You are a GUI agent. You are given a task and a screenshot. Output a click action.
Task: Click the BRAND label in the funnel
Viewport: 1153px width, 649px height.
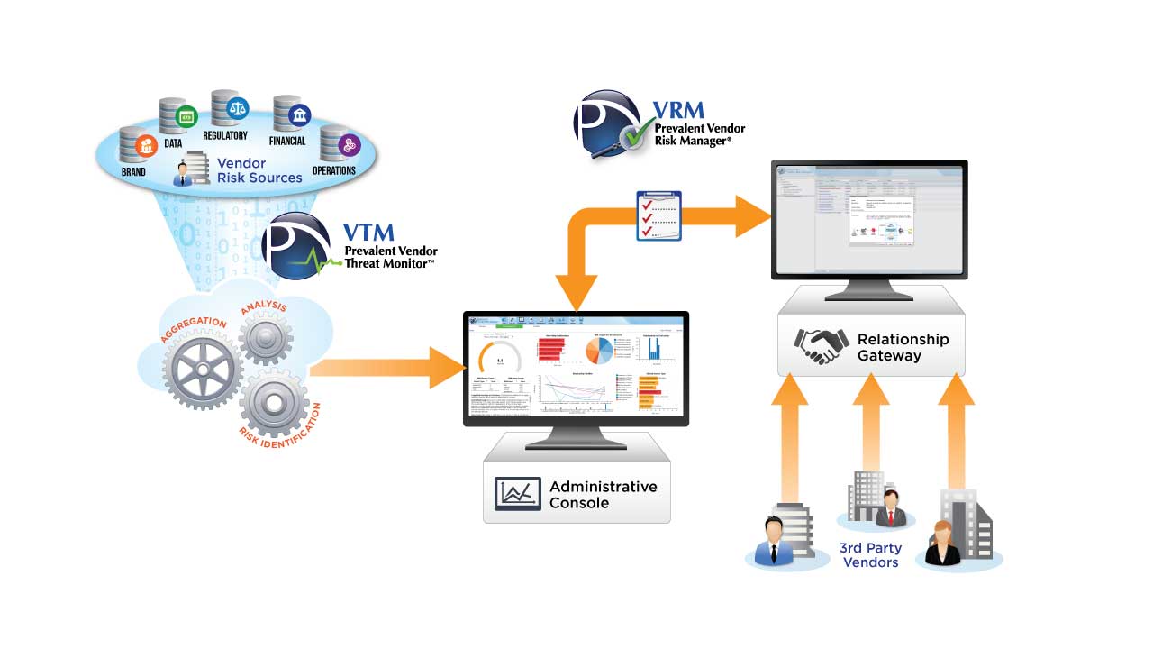pos(132,171)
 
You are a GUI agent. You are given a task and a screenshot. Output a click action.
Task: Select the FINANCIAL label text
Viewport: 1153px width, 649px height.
pos(286,141)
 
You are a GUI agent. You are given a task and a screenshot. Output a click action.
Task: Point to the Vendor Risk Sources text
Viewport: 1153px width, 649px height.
pos(259,170)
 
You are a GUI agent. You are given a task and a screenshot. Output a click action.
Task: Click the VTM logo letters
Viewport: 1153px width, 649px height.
pos(369,233)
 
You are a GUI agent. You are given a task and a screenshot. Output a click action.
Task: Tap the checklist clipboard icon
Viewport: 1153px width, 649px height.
pos(658,215)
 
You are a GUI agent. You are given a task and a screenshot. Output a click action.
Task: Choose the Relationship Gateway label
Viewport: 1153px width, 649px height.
pos(902,347)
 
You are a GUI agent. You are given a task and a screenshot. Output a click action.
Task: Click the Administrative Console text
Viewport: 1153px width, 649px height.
pos(603,494)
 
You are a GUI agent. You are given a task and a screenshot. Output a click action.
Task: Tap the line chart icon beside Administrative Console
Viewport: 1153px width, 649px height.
pos(517,494)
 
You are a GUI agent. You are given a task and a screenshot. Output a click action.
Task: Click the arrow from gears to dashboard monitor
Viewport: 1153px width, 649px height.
pos(387,367)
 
